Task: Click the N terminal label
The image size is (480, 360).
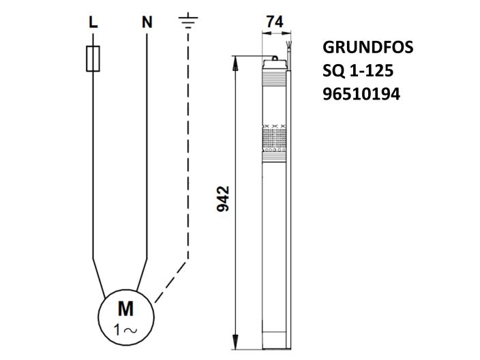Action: pos(147,22)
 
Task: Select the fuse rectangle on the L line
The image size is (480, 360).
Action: pos(93,59)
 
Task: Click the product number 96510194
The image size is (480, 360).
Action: pos(361,93)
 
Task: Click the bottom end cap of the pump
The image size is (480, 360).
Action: pos(275,337)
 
